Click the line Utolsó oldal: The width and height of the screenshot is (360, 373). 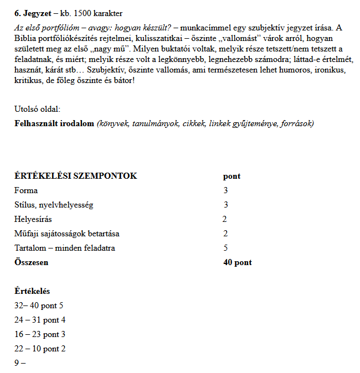click(37, 109)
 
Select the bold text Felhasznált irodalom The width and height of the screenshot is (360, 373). click(54, 123)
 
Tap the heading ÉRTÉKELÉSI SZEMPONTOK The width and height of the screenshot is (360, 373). click(75, 176)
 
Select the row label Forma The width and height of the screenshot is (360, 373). click(26, 190)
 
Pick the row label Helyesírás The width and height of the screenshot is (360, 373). click(33, 219)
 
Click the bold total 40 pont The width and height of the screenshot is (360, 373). click(237, 262)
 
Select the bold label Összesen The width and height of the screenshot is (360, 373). click(31, 262)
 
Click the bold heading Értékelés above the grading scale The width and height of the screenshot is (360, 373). click(32, 291)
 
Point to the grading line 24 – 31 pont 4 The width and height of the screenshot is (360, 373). click(40, 320)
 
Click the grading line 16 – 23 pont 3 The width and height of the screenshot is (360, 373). click(40, 334)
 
